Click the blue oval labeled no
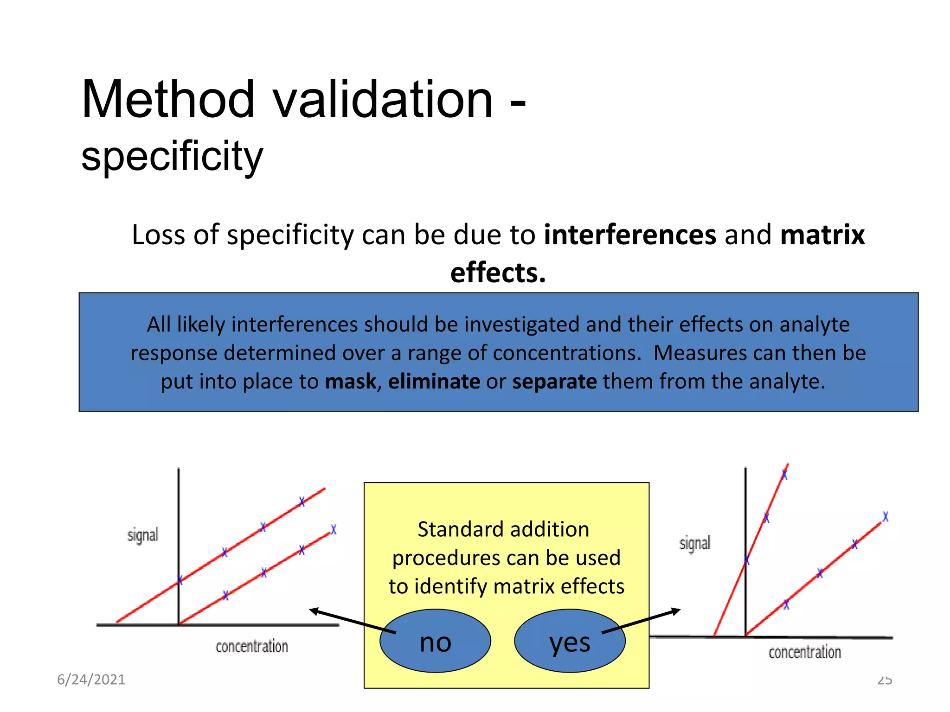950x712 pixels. pos(435,642)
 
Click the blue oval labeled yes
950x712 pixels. pos(570,642)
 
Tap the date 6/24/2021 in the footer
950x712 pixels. pos(91,680)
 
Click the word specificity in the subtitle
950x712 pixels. pos(172,156)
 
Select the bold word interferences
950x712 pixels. pos(630,235)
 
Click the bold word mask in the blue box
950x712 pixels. pos(351,381)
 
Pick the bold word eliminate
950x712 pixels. pos(434,381)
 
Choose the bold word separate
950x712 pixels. pos(554,381)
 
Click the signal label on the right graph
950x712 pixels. pos(694,543)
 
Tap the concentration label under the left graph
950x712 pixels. pos(251,647)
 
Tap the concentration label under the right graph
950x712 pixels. pos(804,653)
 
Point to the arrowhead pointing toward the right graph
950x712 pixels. pos(677,611)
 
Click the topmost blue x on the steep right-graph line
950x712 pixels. pos(784,475)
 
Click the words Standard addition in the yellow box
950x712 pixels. pos(503,529)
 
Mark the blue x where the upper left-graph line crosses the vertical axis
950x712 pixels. pos(180,580)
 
